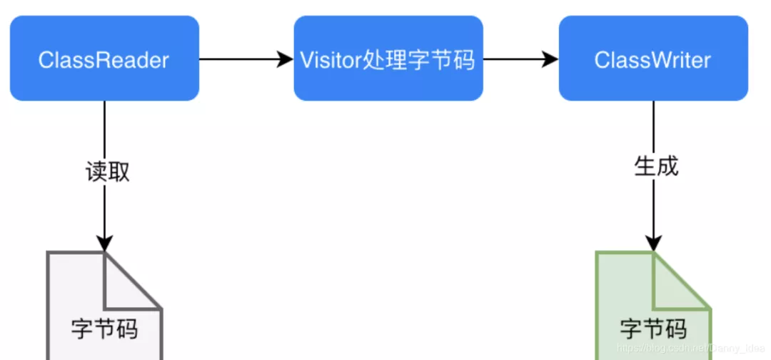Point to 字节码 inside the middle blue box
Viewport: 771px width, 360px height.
point(444,59)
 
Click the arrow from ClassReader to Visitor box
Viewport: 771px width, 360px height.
point(246,59)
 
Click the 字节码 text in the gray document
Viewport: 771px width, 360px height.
point(104,329)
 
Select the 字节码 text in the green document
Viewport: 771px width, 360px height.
point(652,329)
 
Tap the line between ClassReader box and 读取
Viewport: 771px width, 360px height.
point(104,129)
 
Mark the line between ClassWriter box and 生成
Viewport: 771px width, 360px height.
point(653,127)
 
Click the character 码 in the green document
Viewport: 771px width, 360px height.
point(675,329)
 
